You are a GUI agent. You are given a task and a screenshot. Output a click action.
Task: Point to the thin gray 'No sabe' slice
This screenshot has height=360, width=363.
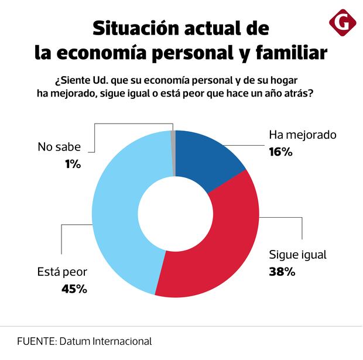point(173,152)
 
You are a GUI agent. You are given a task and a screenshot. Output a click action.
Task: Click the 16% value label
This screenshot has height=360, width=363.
point(280,152)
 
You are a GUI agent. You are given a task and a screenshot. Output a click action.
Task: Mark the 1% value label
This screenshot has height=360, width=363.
point(73,164)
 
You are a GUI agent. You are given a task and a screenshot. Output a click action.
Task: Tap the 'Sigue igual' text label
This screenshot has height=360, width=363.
point(297,255)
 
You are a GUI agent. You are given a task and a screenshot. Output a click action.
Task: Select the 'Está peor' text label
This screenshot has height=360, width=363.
point(62,272)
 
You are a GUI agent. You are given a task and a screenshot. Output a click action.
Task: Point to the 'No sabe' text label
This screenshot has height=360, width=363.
point(59,148)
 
